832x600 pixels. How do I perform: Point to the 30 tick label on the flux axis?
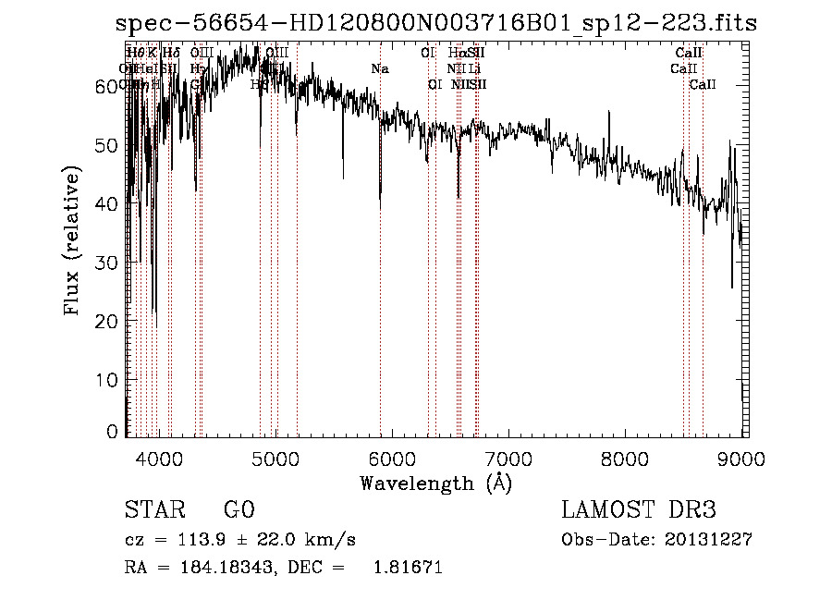(x=108, y=263)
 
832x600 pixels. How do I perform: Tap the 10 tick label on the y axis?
(x=108, y=379)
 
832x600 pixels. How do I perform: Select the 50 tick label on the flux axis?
(x=108, y=145)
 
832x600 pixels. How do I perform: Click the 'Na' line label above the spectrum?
(x=380, y=68)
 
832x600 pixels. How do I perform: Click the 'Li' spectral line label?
(x=474, y=68)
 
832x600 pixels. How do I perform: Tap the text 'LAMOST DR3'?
(x=638, y=511)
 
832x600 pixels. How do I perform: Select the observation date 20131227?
(x=709, y=540)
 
